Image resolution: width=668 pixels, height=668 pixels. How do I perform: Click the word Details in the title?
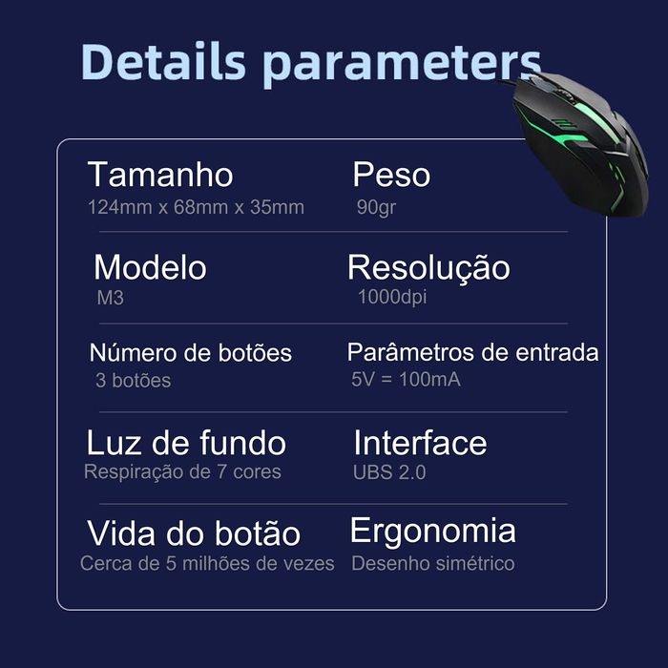tap(163, 61)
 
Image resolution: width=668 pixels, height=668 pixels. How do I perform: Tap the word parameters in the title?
tap(401, 63)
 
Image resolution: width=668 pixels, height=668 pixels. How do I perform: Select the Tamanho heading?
tap(160, 175)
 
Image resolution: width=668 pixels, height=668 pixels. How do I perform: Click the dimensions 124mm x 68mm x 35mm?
tap(196, 207)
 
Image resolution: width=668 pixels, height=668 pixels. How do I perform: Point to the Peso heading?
tap(391, 175)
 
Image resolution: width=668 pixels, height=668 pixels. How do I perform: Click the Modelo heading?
tap(150, 267)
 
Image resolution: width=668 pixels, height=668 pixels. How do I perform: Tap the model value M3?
tap(111, 298)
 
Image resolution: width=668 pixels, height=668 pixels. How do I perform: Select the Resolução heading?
tap(428, 268)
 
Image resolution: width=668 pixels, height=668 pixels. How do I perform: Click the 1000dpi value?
tap(391, 297)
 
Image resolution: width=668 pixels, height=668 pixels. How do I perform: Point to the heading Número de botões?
tap(191, 353)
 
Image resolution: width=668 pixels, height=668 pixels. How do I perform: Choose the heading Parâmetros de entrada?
tap(472, 352)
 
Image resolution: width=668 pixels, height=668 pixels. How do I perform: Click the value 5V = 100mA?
tap(406, 380)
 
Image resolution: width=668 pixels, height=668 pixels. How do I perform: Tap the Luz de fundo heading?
tap(186, 443)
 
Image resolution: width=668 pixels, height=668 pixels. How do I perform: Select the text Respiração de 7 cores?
tap(182, 471)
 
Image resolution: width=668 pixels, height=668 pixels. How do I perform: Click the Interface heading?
tap(420, 443)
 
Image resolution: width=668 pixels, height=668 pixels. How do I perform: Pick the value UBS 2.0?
tap(388, 472)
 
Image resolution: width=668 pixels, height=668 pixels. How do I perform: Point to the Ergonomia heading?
tap(432, 531)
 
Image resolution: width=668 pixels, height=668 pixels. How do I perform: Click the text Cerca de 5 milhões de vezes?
tap(207, 563)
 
